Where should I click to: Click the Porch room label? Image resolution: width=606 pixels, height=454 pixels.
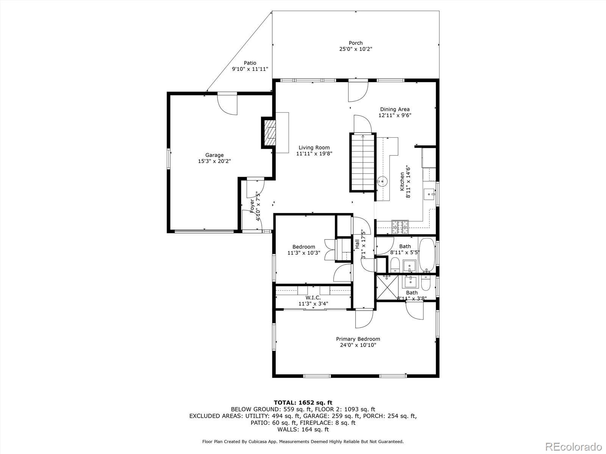(x=356, y=43)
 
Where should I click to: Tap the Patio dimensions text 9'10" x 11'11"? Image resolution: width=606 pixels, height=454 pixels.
(x=250, y=69)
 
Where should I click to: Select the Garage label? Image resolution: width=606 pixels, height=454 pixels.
(x=214, y=155)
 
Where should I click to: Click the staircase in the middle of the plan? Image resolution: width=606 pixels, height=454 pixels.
(x=363, y=162)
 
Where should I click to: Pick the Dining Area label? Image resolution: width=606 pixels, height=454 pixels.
(x=395, y=109)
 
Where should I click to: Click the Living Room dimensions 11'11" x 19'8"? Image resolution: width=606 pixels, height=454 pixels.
(x=314, y=154)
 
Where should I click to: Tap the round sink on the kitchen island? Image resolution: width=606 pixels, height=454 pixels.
(x=383, y=181)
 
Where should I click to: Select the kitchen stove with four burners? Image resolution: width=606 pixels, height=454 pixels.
(x=400, y=227)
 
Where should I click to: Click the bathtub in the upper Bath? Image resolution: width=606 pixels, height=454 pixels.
(x=427, y=255)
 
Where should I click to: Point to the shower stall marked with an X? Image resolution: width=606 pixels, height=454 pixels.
(x=387, y=287)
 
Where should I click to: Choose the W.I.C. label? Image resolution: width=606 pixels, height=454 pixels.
(x=313, y=298)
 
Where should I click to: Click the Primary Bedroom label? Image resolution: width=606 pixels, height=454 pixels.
(x=358, y=339)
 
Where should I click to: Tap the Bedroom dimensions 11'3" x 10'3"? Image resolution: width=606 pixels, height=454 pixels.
(x=304, y=253)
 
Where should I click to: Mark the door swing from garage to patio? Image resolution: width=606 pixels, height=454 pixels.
(x=227, y=104)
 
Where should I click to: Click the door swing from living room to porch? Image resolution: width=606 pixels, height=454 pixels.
(x=358, y=91)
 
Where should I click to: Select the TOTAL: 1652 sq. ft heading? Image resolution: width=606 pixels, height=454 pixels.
(x=303, y=403)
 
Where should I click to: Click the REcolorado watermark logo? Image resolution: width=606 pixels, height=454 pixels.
(x=574, y=446)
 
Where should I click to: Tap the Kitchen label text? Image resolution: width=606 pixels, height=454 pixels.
(x=402, y=181)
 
